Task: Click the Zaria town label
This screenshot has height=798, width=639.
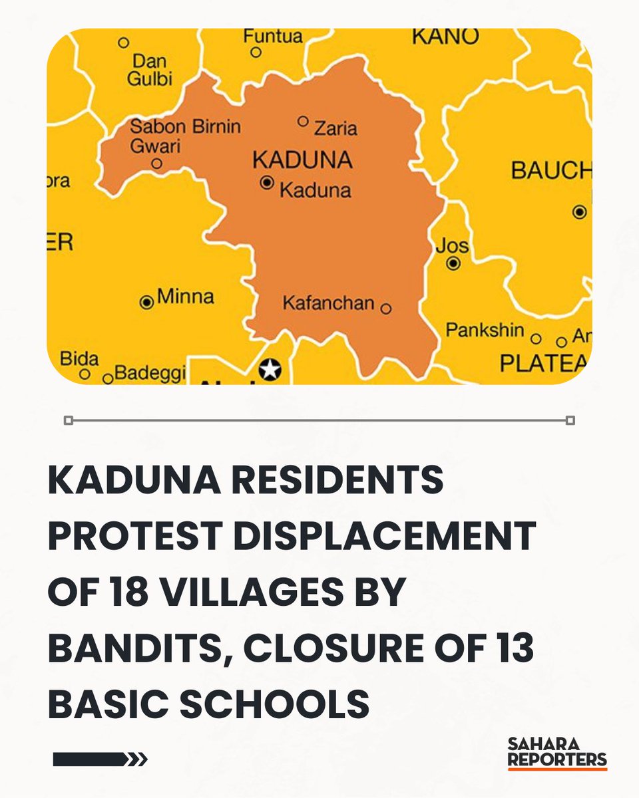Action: point(335,128)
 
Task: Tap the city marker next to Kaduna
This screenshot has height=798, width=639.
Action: point(268,182)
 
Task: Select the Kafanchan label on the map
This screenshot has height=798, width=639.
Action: point(328,304)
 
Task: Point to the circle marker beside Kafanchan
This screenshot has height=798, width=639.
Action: point(386,309)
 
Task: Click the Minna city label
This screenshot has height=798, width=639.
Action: point(185,297)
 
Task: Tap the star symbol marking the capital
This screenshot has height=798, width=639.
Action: point(270,369)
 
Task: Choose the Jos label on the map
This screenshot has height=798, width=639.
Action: point(452,246)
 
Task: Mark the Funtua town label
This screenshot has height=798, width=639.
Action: point(272,35)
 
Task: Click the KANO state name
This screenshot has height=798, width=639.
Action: point(445,37)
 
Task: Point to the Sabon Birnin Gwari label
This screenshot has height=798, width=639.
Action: point(184,135)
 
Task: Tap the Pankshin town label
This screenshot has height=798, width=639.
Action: point(485,330)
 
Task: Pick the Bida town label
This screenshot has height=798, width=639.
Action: point(79,359)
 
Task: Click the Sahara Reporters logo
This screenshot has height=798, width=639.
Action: point(557,752)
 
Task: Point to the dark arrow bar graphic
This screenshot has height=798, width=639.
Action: point(100,759)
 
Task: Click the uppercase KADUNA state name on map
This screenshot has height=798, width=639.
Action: point(302,160)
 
